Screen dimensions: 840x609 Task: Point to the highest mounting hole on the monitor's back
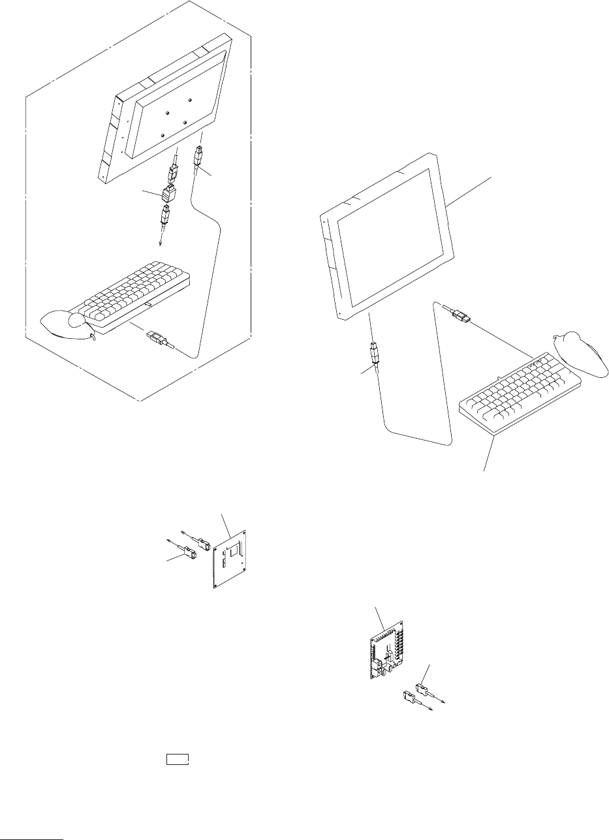[189, 100]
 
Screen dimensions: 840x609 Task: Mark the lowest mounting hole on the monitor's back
[162, 135]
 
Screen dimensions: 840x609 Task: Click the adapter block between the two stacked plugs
[168, 193]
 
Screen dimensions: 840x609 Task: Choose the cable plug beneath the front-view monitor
[374, 354]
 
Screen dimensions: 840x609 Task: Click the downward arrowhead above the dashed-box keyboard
[161, 245]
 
